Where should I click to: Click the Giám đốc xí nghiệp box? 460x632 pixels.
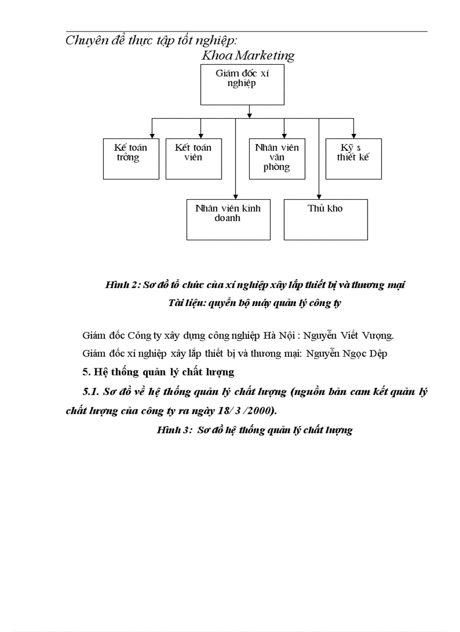tap(242, 84)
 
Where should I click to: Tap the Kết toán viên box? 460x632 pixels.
tap(193, 159)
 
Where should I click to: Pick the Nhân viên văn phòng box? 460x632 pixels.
tap(277, 159)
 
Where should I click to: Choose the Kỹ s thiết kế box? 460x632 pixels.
tap(353, 159)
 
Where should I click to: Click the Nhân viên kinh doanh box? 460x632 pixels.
tap(228, 219)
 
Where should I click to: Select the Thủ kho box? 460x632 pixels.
tap(325, 219)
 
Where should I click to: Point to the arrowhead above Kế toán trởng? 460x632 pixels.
tap(152, 135)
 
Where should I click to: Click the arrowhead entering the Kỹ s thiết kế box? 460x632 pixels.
tap(353, 135)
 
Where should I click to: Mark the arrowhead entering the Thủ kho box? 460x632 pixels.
tap(319, 196)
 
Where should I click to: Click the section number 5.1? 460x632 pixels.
tap(91, 391)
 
